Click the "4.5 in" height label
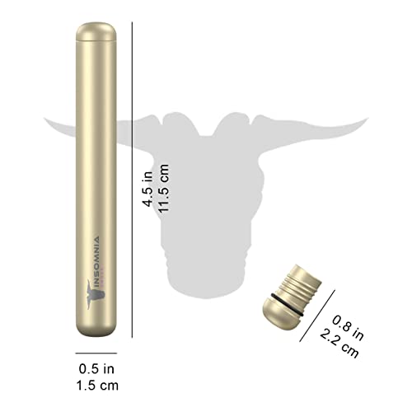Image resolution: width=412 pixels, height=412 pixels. coord(147,189)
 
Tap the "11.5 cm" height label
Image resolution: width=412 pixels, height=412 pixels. coord(163,189)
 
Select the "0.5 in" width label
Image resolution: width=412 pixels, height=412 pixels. coord(96,369)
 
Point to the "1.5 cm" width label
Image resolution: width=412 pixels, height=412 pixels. coord(97,386)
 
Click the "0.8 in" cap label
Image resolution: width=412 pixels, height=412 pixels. coord(348,328)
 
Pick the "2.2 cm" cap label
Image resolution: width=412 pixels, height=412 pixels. coord(339,344)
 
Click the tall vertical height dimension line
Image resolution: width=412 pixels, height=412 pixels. coord(132,180)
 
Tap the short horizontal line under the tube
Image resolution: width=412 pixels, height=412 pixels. coord(96,353)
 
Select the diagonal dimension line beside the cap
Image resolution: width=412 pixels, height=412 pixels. coord(317,316)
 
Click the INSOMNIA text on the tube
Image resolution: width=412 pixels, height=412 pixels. coord(96,258)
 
